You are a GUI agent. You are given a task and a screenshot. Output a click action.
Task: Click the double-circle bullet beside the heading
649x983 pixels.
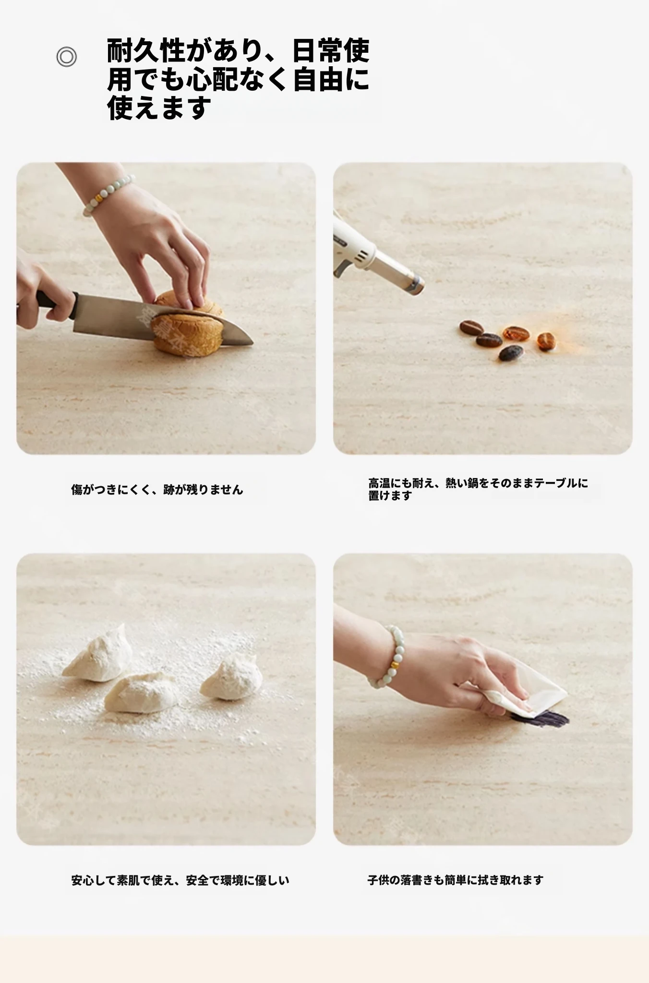(66, 57)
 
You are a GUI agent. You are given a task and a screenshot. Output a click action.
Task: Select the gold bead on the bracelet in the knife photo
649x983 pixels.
(99, 197)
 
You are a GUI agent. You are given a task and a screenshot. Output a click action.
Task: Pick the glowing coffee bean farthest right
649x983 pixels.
(546, 341)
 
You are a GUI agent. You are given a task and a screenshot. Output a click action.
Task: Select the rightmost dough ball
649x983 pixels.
(231, 677)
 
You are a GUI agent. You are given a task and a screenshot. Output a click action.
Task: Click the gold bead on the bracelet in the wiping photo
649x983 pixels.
(395, 665)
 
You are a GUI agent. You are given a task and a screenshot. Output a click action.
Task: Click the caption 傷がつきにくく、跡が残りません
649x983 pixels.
(157, 490)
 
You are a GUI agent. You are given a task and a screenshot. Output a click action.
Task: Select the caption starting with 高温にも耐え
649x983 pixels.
(478, 489)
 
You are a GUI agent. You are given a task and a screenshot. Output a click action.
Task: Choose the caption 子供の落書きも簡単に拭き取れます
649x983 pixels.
(456, 880)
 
